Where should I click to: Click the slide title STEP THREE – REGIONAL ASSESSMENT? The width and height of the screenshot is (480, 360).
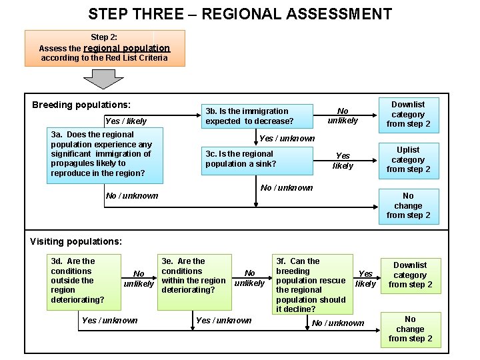click(240, 14)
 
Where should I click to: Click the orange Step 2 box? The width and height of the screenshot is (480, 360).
click(105, 48)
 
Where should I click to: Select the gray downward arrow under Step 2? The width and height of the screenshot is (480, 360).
click(103, 79)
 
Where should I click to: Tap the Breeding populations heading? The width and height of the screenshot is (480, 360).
click(81, 105)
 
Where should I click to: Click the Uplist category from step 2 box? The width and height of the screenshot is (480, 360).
click(408, 159)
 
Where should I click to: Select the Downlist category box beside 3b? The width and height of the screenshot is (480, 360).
click(408, 114)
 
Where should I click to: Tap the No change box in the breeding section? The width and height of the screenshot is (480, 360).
click(408, 205)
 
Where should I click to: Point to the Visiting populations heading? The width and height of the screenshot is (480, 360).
click(76, 241)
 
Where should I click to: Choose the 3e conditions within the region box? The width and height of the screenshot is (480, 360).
click(194, 275)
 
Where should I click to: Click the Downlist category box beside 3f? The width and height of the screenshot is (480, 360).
click(410, 275)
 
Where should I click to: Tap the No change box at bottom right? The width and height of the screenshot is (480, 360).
click(410, 329)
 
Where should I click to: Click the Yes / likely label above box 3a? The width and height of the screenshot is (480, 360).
click(125, 121)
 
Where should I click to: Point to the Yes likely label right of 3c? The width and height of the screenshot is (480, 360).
click(343, 161)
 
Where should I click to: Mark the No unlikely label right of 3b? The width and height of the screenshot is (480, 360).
click(343, 116)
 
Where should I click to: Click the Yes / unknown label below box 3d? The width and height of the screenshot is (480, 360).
click(109, 321)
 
